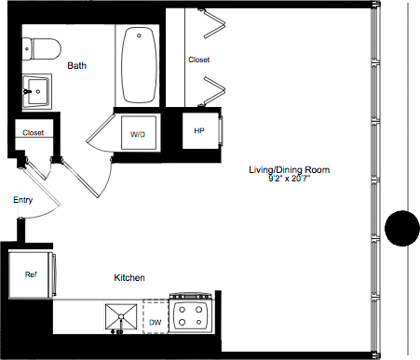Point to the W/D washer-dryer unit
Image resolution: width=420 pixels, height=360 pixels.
[138, 134]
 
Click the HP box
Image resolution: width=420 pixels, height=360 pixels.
[198, 131]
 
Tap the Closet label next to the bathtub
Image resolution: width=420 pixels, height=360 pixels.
[198, 60]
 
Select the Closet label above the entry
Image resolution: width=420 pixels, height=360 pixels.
[34, 133]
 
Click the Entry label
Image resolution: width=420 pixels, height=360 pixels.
[23, 200]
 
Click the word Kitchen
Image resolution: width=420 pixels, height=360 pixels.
[129, 278]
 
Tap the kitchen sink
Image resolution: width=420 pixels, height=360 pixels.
[120, 317]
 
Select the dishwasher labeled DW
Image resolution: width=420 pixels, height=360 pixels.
[156, 322]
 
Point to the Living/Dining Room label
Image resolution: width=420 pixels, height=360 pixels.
[290, 170]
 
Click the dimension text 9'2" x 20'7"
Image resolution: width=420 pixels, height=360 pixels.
[290, 180]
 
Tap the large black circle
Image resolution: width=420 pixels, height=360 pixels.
[402, 229]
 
